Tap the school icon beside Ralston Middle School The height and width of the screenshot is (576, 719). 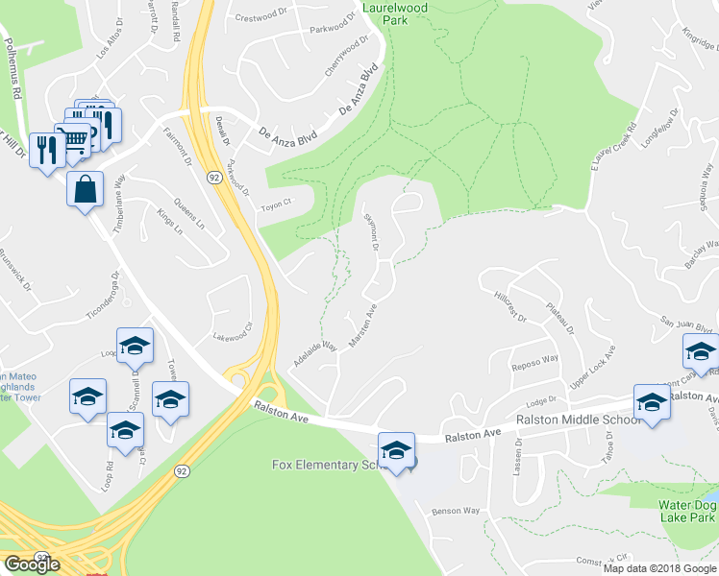tap(652, 403)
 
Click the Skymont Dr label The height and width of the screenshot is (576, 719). tap(371, 233)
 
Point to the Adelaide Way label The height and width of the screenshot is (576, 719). tap(315, 354)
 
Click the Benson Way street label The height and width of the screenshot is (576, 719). tap(456, 511)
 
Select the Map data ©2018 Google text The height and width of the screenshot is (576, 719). tap(659, 568)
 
